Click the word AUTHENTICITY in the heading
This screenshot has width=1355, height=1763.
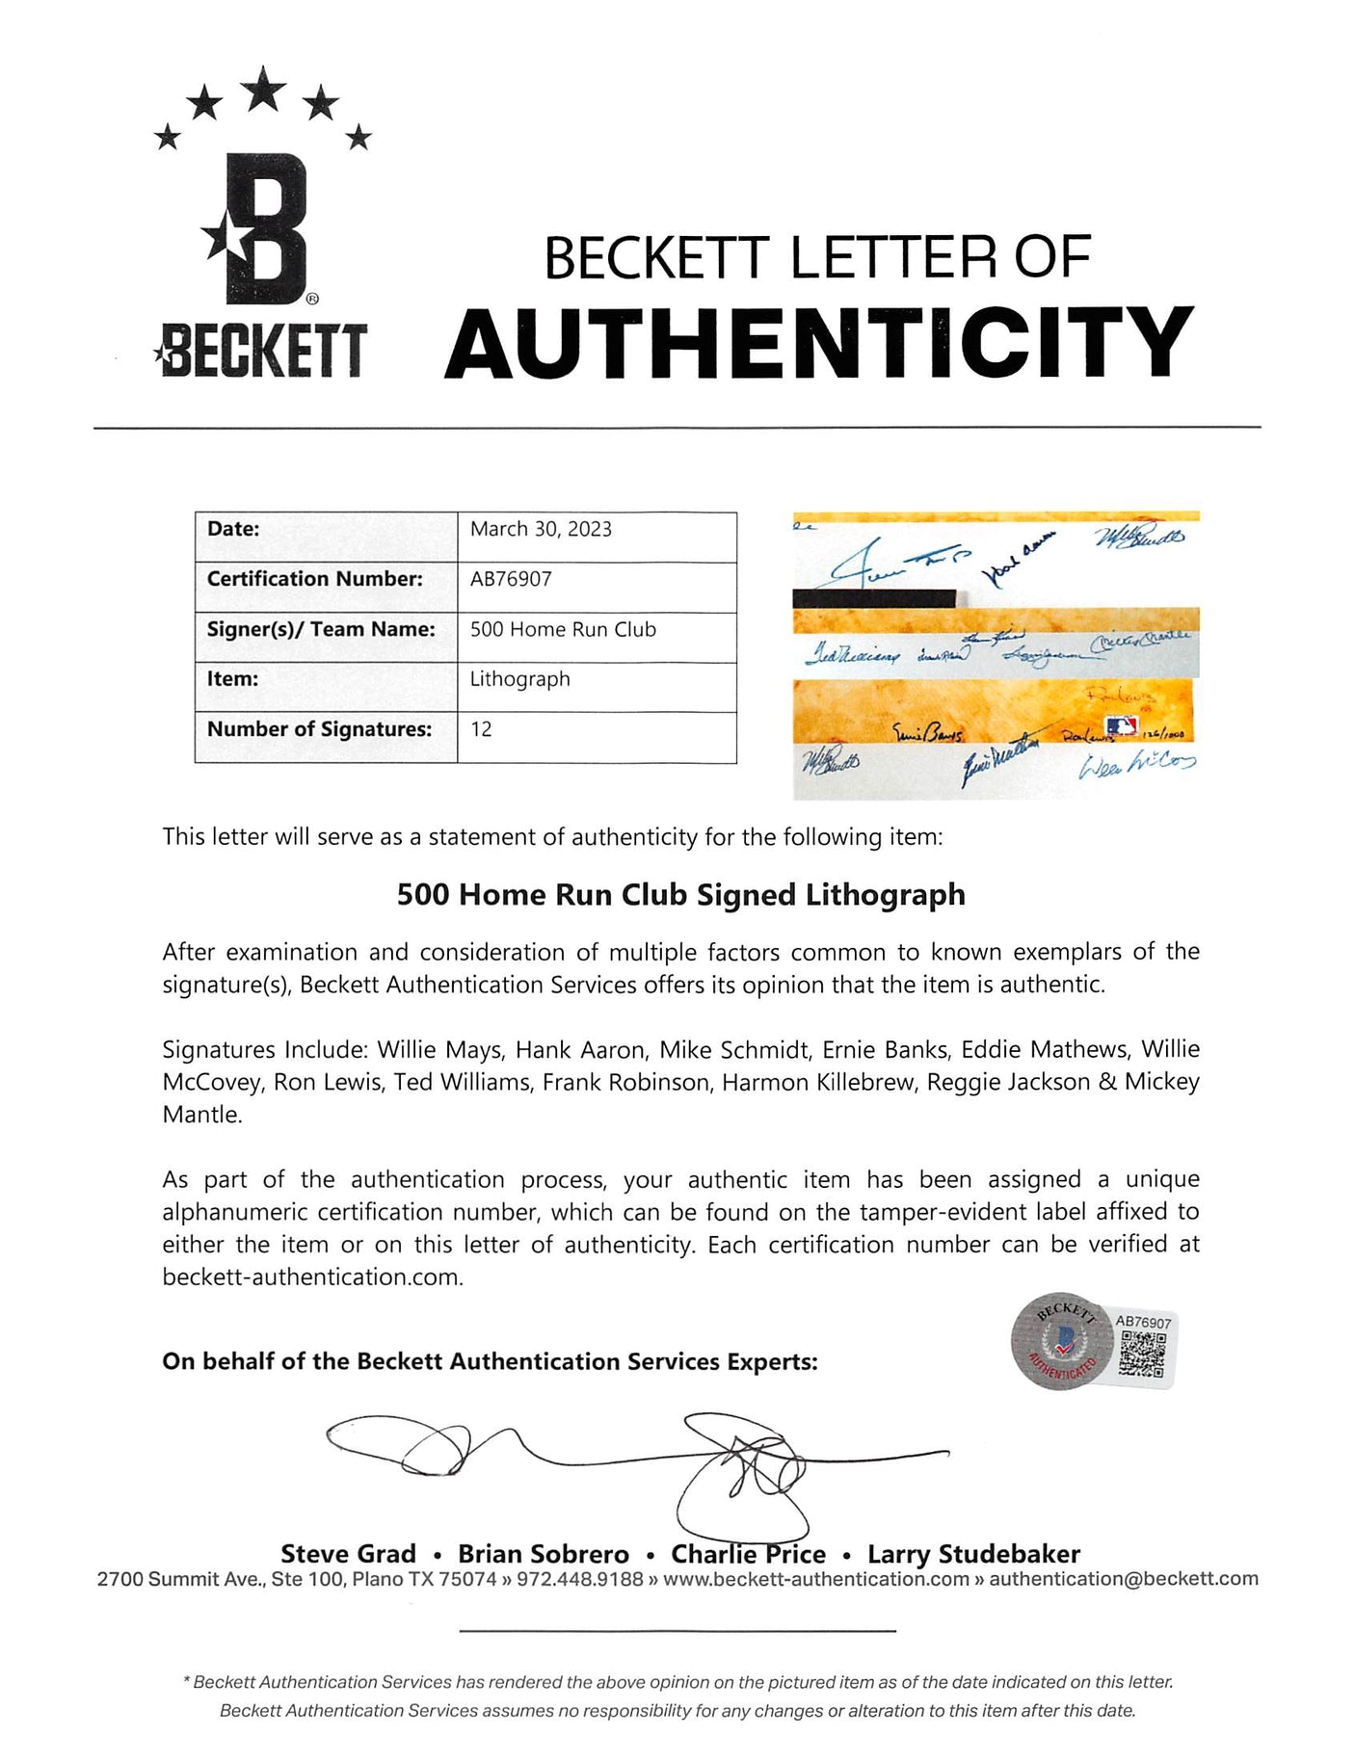pyautogui.click(x=819, y=343)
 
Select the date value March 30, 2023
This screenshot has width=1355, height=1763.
pyautogui.click(x=541, y=529)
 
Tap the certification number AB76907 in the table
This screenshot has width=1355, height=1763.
pyautogui.click(x=511, y=579)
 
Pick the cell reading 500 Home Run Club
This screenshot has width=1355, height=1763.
pyautogui.click(x=563, y=629)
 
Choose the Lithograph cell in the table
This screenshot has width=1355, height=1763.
pyautogui.click(x=519, y=679)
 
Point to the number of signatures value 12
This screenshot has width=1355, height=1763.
pyautogui.click(x=481, y=729)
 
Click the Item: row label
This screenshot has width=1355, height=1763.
pyautogui.click(x=232, y=679)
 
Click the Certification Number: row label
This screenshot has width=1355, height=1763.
pyautogui.click(x=314, y=579)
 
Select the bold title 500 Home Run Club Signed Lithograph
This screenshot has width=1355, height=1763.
pyautogui.click(x=680, y=895)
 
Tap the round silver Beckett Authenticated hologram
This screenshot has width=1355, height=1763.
pyautogui.click(x=1060, y=1340)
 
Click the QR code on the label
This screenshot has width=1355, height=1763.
pyautogui.click(x=1143, y=1353)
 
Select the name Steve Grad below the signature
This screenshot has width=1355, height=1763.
pyautogui.click(x=348, y=1554)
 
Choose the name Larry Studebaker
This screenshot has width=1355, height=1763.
pyautogui.click(x=973, y=1554)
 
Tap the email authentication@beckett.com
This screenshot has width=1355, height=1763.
pyautogui.click(x=1124, y=1579)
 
